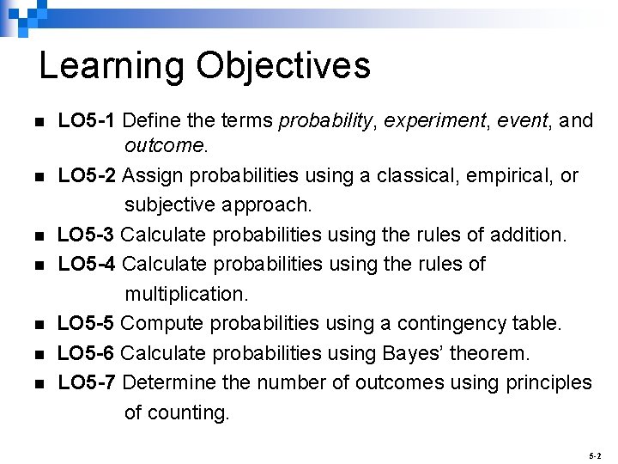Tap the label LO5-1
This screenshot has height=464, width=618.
88,120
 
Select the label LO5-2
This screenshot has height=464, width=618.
88,175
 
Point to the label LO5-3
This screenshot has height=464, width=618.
88,235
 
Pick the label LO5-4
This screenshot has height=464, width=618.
88,264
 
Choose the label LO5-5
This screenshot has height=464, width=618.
88,323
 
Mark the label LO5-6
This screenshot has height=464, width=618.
88,353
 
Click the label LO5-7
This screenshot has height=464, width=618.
88,382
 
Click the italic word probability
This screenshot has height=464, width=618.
327,120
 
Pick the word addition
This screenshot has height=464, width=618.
524,235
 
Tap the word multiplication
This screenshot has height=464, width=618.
185,294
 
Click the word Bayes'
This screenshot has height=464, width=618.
430,353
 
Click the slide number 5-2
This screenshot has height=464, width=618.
596,454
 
